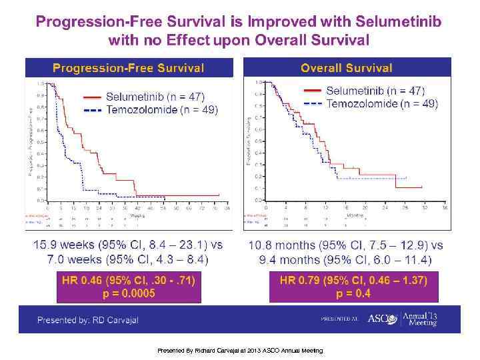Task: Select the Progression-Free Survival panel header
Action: pyautogui.click(x=128, y=68)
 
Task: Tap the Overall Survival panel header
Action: pyautogui.click(x=346, y=68)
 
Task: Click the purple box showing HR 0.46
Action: pyautogui.click(x=129, y=287)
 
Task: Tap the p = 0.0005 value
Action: pyautogui.click(x=129, y=293)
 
